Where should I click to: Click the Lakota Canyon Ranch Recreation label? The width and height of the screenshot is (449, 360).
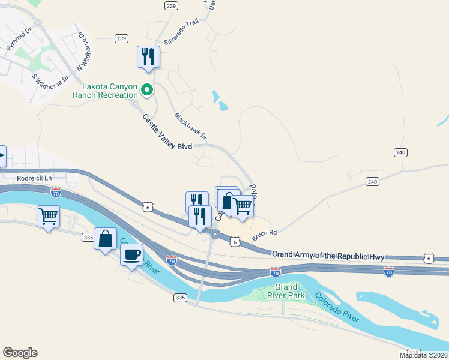[x=105, y=91]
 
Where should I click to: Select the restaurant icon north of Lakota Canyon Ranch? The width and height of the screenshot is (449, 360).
[x=148, y=57]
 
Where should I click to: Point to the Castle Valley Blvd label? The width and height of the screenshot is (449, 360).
[x=167, y=134]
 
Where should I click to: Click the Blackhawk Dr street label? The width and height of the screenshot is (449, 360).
[x=190, y=126]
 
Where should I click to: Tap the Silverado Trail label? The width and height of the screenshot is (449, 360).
[x=181, y=38]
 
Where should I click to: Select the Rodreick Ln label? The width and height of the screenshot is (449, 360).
[x=35, y=178]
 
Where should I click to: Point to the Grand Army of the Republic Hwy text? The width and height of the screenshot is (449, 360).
[x=328, y=256]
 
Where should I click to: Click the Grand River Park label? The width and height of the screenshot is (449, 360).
[x=286, y=291]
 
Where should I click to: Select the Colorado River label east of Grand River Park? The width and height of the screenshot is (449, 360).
[x=337, y=307]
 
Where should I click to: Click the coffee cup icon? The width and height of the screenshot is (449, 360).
[x=131, y=254]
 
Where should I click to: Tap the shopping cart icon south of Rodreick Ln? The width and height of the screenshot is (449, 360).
[x=48, y=216]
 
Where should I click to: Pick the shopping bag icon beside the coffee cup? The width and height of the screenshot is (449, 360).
[x=106, y=239]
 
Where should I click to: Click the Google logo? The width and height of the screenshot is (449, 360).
[x=20, y=353]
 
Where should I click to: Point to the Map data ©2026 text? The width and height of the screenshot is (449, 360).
[x=424, y=355]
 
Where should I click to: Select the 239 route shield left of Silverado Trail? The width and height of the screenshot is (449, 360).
[x=122, y=38]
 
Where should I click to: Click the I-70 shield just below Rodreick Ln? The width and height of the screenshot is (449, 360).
[x=55, y=193]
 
